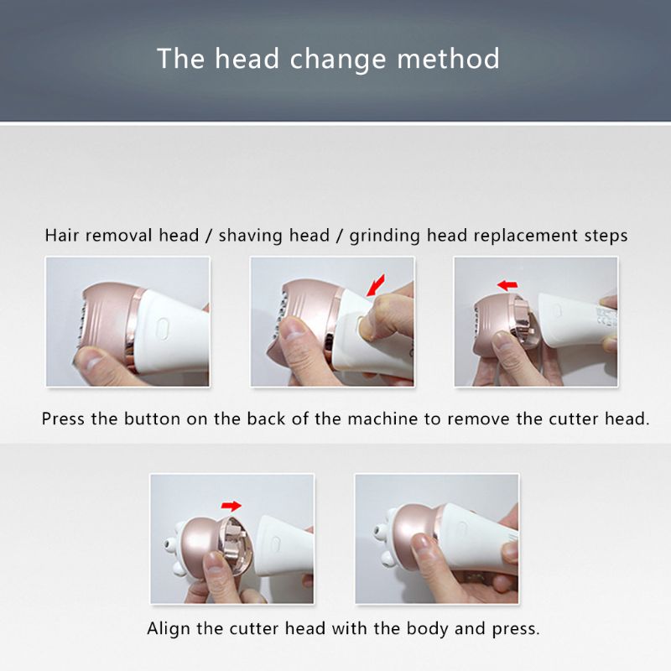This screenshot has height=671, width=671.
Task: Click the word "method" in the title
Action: pos(448,59)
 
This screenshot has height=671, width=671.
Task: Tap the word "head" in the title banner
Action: pos(247,58)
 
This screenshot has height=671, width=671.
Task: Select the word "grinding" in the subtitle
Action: pos(385,236)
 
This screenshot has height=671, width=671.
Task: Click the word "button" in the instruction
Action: pos(153,419)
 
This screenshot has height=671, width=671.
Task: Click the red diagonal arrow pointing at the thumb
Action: pos(376,285)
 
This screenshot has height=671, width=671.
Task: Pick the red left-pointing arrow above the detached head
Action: pos(507,285)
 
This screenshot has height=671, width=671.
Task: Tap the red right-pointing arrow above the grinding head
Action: pos(231,506)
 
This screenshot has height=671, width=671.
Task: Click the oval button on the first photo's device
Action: pos(162,328)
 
